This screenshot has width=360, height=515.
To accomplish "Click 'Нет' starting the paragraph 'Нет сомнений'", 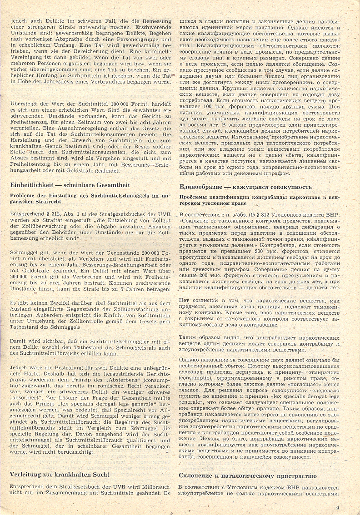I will point(185,300).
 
